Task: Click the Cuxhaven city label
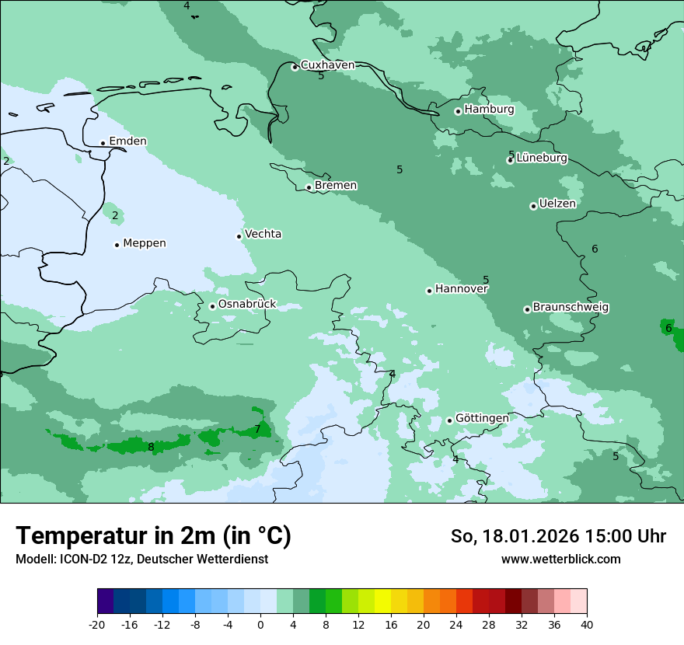pos(327,65)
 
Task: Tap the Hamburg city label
pos(489,110)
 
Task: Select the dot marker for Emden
pos(103,143)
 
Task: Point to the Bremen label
pos(336,186)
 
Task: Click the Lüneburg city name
pos(542,158)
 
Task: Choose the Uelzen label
pos(557,204)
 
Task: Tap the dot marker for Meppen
pos(117,245)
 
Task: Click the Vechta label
pos(263,234)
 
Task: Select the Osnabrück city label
pos(247,304)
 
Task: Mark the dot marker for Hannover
pos(429,291)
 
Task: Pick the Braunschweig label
pos(571,308)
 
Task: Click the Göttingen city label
pos(482,418)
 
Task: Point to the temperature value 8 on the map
pos(151,447)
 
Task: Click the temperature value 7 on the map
pos(257,430)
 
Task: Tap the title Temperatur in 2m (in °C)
pos(153,535)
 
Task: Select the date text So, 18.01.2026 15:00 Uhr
pos(558,536)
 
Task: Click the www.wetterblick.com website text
pos(560,559)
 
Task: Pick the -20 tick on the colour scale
pos(97,624)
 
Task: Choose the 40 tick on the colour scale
pos(586,624)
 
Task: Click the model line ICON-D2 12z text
pos(141,559)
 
